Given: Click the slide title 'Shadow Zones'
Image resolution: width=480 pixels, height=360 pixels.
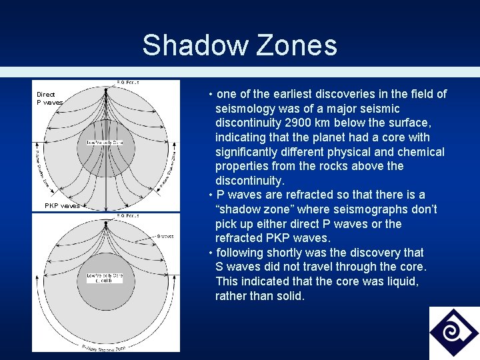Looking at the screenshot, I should [239, 45].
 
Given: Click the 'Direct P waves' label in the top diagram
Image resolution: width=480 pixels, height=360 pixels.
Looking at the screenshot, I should [49, 99].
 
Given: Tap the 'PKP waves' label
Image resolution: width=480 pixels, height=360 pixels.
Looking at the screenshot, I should [62, 206].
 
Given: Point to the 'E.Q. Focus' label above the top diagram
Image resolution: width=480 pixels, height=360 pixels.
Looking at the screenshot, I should [127, 83].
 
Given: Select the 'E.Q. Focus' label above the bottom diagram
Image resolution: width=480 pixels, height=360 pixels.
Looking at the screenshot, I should [127, 215].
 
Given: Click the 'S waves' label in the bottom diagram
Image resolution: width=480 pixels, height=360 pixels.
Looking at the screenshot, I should [165, 236].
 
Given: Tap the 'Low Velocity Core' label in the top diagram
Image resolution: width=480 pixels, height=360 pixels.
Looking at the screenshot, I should [105, 142].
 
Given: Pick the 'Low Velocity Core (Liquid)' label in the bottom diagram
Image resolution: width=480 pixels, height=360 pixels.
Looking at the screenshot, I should [105, 277].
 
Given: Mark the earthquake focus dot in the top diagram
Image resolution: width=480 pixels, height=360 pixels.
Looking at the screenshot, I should [107, 89].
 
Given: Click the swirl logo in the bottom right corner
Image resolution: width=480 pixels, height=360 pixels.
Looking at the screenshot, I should [454, 333].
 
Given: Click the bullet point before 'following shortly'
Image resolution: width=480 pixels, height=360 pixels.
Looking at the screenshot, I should [211, 253].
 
